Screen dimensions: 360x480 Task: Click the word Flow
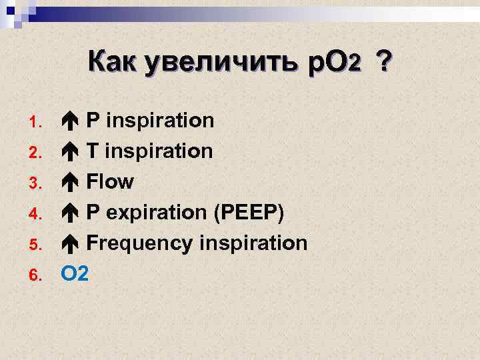[x=110, y=182]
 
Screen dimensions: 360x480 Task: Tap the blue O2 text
[x=75, y=273]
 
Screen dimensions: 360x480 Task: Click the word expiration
[x=155, y=213]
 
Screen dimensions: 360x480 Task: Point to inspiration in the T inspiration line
[x=159, y=151]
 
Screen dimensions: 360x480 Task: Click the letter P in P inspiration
[x=94, y=121]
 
